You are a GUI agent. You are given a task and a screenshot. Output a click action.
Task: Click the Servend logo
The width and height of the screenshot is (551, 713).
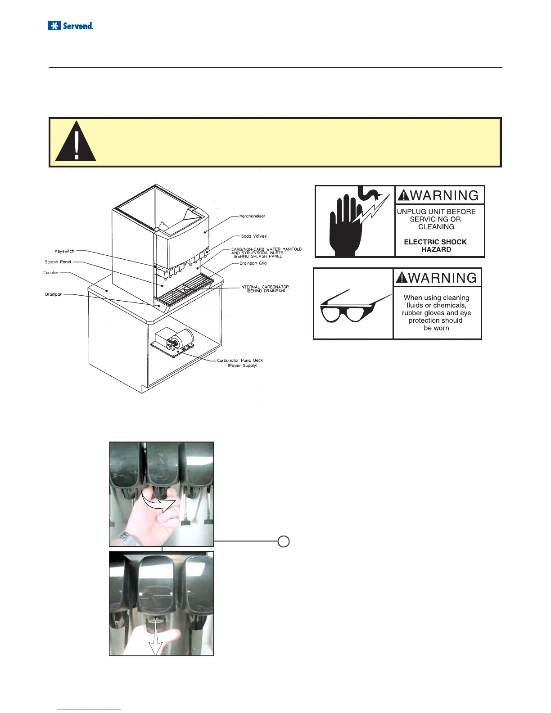(70, 26)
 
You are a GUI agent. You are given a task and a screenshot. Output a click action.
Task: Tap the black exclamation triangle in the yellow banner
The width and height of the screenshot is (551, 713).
(76, 143)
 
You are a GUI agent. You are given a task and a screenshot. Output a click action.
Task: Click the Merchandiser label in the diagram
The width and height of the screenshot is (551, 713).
(252, 216)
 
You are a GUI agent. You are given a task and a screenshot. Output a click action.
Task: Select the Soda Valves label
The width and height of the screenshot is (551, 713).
(254, 236)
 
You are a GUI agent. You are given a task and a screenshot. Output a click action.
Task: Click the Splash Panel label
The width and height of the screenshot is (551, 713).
(58, 262)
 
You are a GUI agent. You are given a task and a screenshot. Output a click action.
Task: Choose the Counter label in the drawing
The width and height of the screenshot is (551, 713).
(51, 273)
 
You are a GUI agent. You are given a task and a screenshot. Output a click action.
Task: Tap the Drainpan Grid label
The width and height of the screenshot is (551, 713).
(253, 263)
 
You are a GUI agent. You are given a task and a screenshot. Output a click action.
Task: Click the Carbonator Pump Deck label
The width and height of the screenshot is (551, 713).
(240, 363)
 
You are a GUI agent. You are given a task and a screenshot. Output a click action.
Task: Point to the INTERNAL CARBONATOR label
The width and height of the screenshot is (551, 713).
(265, 289)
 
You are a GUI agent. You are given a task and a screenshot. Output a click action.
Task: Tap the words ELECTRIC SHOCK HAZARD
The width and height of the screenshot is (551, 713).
(436, 246)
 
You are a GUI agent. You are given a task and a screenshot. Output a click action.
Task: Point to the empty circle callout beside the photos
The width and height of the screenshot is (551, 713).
(283, 542)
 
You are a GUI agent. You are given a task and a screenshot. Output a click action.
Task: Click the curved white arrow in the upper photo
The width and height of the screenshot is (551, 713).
(158, 501)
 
